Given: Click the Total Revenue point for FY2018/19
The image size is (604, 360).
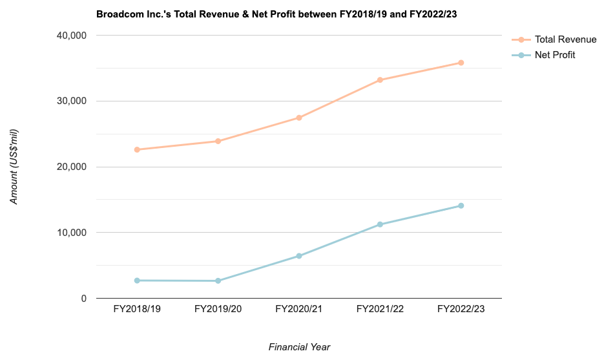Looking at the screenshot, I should pos(137,149).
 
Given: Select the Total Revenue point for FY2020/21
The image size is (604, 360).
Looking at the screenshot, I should pos(299,118).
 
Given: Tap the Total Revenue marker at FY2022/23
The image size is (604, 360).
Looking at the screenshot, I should pos(461,63).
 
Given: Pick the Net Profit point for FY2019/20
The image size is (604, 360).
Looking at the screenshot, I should pos(218,281).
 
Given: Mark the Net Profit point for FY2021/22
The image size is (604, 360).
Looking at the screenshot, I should pos(380,224).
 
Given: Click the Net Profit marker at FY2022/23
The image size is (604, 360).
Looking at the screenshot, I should pos(461,206).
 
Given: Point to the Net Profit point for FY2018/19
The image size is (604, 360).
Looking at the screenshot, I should pos(137,281).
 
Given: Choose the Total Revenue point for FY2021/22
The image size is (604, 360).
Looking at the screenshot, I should pos(380,80).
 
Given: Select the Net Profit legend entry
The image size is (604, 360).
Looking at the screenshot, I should pos(554,55).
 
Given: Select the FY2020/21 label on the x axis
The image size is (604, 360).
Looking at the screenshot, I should pos(299,310).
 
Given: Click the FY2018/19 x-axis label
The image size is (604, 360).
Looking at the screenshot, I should pos(137,310).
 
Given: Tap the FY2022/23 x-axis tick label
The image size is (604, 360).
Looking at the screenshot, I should pos(461,310).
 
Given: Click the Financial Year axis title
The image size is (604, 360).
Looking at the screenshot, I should pos(299,347).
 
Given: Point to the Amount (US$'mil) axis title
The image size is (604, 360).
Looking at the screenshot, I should pos(14,167).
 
